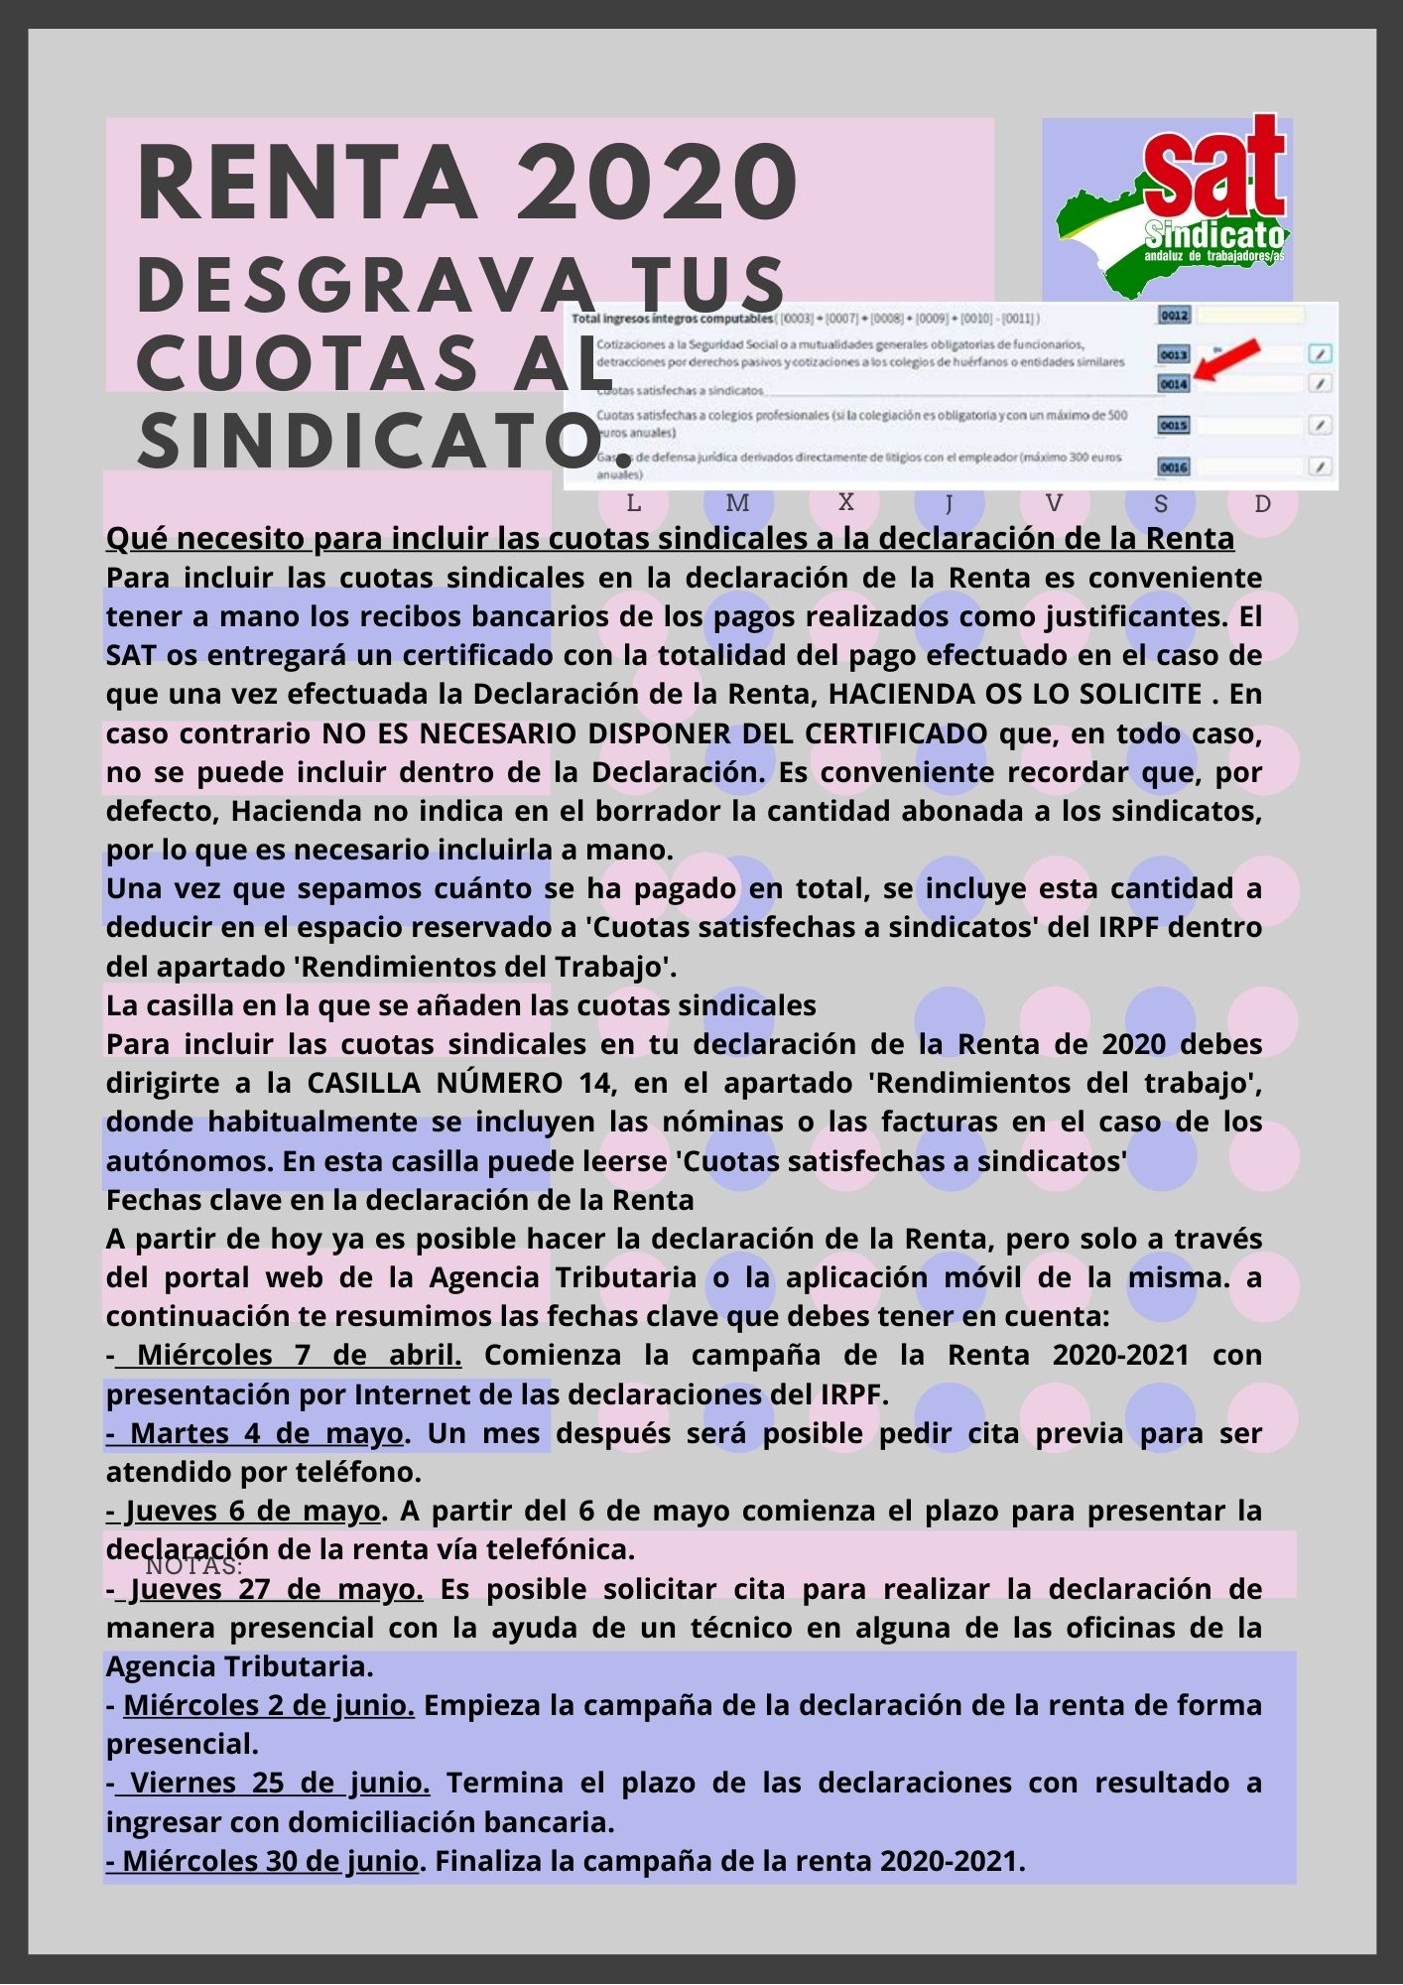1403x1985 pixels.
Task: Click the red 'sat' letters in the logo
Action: pyautogui.click(x=1216, y=169)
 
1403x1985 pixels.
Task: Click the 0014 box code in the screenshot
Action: pyautogui.click(x=1174, y=383)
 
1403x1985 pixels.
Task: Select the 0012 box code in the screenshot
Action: pyautogui.click(x=1174, y=316)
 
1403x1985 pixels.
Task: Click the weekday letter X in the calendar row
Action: pyautogui.click(x=845, y=502)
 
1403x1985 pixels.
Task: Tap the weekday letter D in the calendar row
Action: pyautogui.click(x=1262, y=503)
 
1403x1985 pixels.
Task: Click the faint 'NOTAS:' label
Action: pyautogui.click(x=193, y=1567)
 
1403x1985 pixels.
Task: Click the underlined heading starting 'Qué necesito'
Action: pyautogui.click(x=670, y=539)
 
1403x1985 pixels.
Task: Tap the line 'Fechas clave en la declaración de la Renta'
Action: pyautogui.click(x=400, y=1200)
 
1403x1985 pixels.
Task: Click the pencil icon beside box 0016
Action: pyautogui.click(x=1319, y=465)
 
